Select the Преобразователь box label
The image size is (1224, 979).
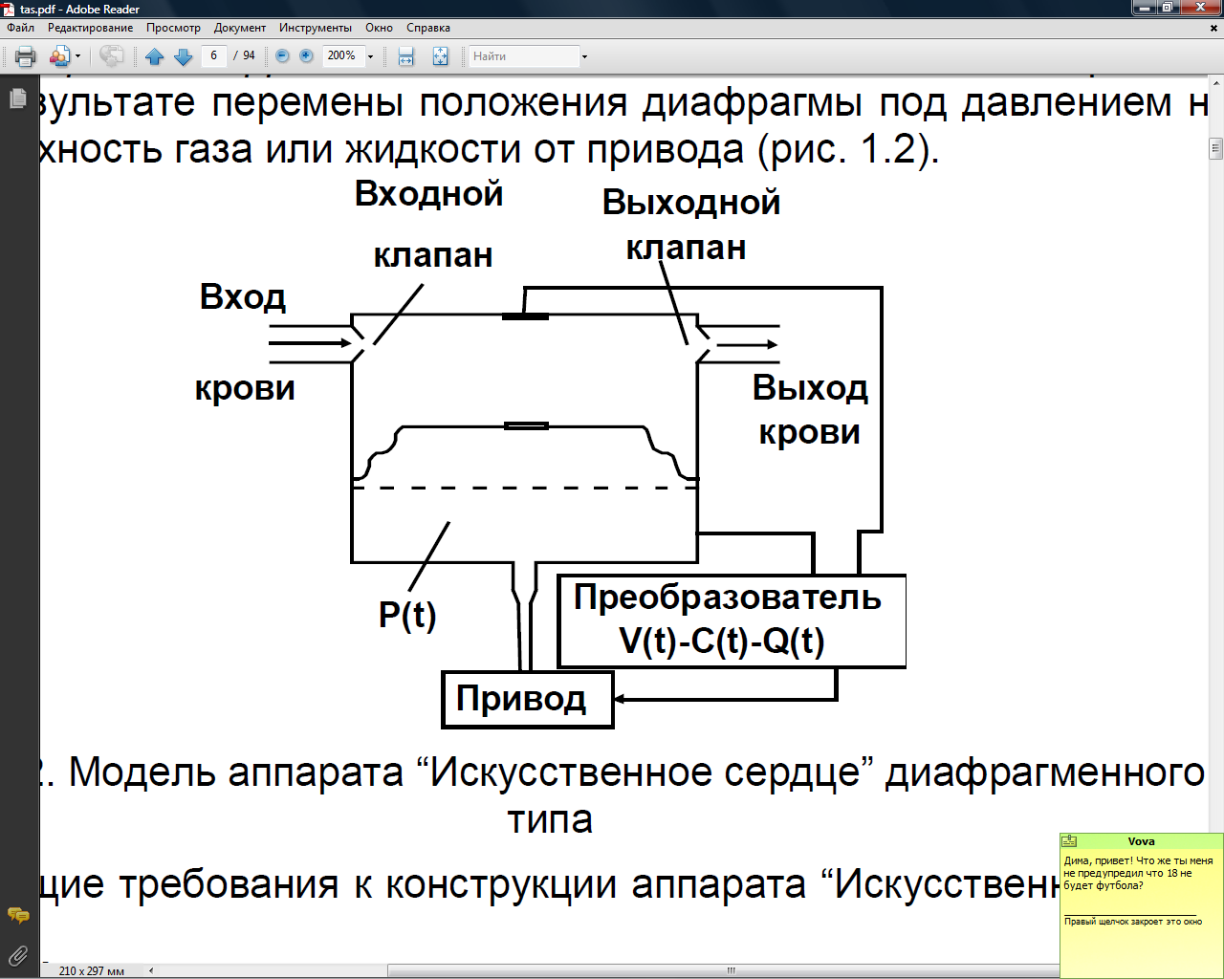click(727, 598)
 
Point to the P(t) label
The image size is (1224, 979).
click(407, 615)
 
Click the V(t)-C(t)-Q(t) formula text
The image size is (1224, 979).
click(722, 641)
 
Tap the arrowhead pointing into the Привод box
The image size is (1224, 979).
click(621, 699)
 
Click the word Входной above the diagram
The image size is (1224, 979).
click(428, 194)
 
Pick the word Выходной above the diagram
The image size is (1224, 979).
click(690, 203)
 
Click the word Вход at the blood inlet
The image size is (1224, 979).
click(243, 297)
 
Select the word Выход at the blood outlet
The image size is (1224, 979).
click(809, 388)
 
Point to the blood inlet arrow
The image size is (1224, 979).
click(311, 343)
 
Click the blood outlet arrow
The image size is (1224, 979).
click(748, 345)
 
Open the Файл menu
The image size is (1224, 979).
click(20, 28)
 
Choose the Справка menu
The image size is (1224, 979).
click(427, 28)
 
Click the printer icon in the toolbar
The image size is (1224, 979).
click(26, 56)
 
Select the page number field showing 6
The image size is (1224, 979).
click(214, 55)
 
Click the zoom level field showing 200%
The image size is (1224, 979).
click(341, 55)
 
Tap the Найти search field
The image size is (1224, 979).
click(524, 56)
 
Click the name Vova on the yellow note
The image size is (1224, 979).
click(1141, 841)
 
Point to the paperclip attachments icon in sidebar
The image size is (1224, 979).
click(17, 955)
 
